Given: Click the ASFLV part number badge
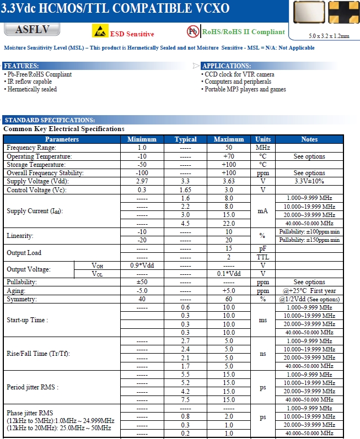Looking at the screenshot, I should pyautogui.click(x=32, y=30).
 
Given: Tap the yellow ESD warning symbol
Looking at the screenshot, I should pyautogui.click(x=99, y=32).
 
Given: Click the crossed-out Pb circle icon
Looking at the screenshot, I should pyautogui.click(x=194, y=31).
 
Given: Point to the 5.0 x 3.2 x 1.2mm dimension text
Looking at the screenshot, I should pyautogui.click(x=329, y=36).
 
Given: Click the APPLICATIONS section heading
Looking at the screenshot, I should pyautogui.click(x=227, y=66).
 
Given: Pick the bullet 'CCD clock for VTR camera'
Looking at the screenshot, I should pyautogui.click(x=239, y=74).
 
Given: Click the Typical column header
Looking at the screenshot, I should pyautogui.click(x=185, y=139).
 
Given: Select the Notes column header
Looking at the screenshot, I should pyautogui.click(x=309, y=139).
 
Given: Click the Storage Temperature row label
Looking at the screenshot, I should pyautogui.click(x=36, y=165).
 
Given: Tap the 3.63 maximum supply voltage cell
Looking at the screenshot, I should pyautogui.click(x=229, y=181).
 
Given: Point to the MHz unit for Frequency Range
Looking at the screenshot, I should pyautogui.click(x=262, y=148).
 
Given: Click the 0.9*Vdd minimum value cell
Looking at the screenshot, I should pyautogui.click(x=142, y=265).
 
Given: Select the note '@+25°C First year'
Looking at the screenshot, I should pyautogui.click(x=309, y=291).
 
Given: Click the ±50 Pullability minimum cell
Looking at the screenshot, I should pyautogui.click(x=142, y=282).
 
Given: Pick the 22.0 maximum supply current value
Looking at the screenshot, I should pyautogui.click(x=229, y=223).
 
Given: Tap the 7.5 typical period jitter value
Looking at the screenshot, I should pyautogui.click(x=185, y=399).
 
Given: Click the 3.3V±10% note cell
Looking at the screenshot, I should pyautogui.click(x=309, y=181).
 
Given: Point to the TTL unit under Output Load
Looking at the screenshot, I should pyautogui.click(x=262, y=257).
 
